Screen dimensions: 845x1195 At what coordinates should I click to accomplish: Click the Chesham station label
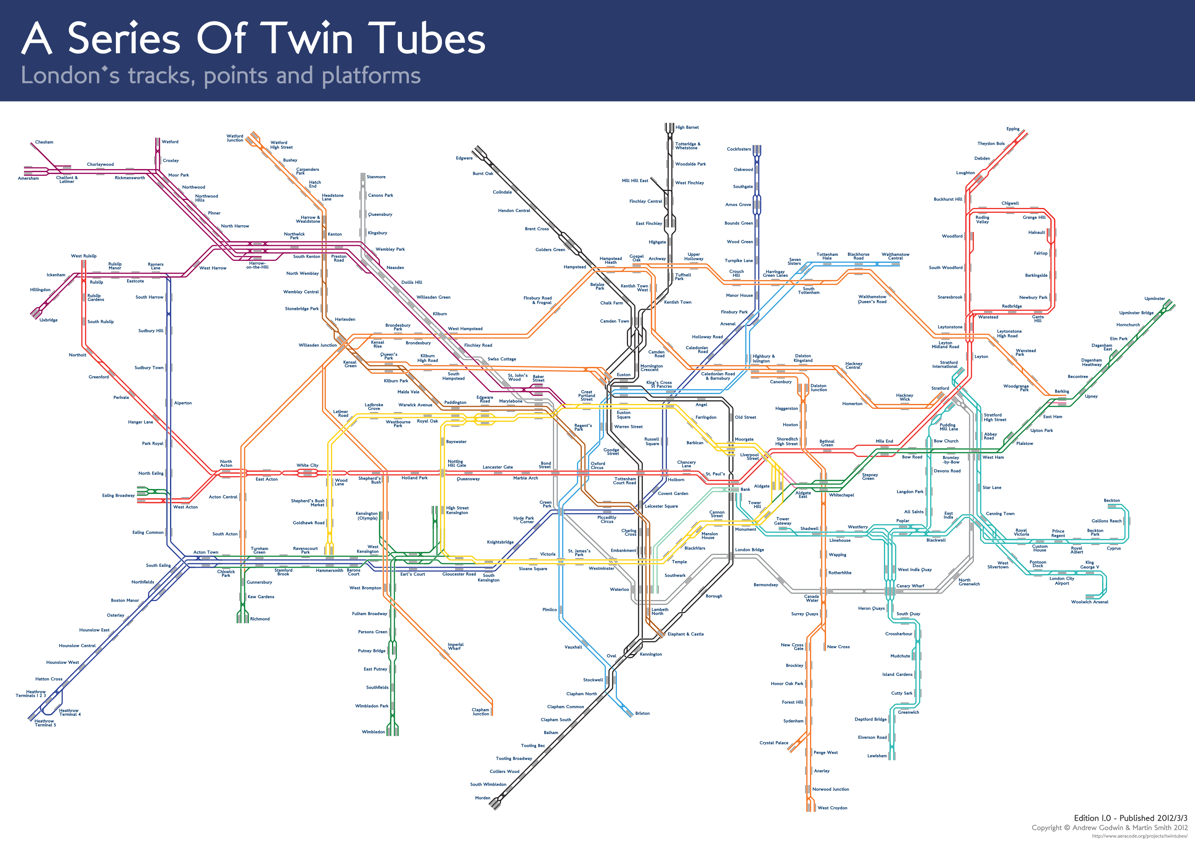[x=44, y=142]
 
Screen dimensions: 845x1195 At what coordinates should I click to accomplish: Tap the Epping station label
[x=1012, y=129]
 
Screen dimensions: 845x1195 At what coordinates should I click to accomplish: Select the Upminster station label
[x=1155, y=299]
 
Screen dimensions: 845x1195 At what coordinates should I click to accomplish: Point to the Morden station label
[x=482, y=798]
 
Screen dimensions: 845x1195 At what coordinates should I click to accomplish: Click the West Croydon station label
[x=832, y=808]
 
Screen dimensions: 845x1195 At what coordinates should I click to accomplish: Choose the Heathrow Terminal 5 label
[x=45, y=723]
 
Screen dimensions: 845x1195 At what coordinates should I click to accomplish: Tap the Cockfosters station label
[x=739, y=149]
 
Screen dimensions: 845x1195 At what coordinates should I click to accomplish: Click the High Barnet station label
[x=687, y=127]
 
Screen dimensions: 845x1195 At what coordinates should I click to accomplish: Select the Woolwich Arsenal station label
[x=1089, y=602]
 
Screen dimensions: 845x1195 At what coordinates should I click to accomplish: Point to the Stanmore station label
[x=376, y=177]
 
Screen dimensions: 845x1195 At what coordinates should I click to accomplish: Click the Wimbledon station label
[x=373, y=732]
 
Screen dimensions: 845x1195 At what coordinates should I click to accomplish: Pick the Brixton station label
[x=642, y=713]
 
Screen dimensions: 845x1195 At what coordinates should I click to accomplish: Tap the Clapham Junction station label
[x=480, y=712]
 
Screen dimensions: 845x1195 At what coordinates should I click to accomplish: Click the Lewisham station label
[x=876, y=756]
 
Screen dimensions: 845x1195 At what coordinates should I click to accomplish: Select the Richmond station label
[x=260, y=619]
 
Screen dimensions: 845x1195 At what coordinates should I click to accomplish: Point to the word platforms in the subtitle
[x=371, y=76]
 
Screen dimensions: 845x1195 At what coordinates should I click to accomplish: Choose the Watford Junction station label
[x=235, y=138]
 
